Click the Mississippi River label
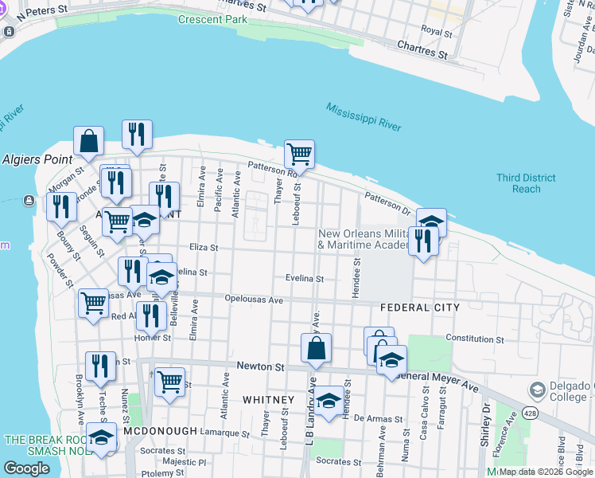click(x=364, y=116)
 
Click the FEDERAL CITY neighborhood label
click(x=420, y=308)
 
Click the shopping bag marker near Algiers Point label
click(x=89, y=141)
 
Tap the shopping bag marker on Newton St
click(x=316, y=347)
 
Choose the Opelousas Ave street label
click(x=255, y=300)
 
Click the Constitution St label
click(x=475, y=339)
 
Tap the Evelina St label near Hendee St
click(x=305, y=279)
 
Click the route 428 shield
click(x=531, y=413)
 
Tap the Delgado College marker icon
click(x=538, y=390)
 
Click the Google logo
click(x=26, y=468)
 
